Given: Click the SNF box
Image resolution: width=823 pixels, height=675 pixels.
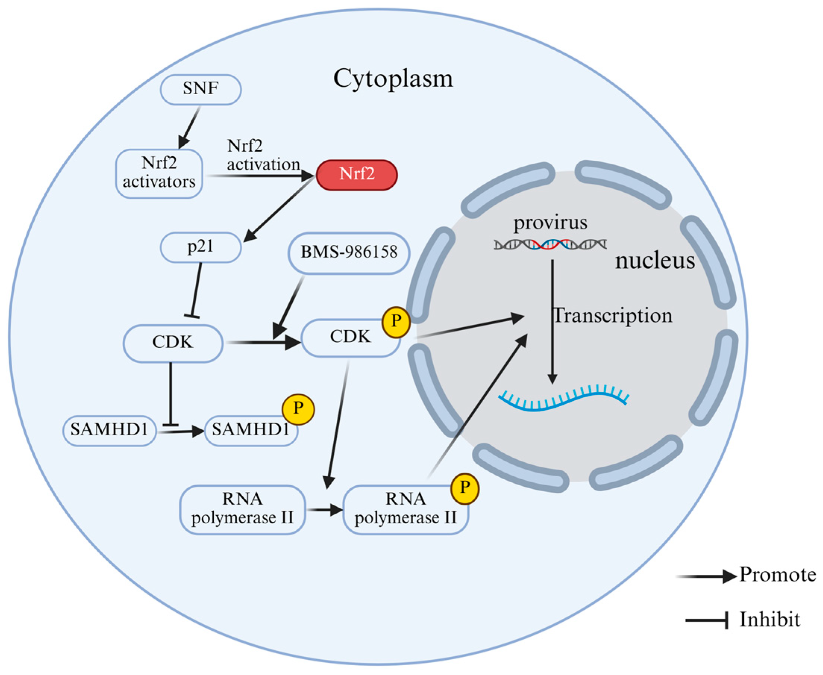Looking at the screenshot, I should click(x=201, y=89).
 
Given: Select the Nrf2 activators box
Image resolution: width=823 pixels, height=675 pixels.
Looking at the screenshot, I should click(x=159, y=173).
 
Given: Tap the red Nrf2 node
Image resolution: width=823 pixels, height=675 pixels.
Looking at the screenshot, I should click(x=356, y=174).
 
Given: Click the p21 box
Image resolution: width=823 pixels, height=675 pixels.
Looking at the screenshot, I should click(x=201, y=247).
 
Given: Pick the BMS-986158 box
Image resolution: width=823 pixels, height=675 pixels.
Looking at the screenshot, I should click(x=349, y=253).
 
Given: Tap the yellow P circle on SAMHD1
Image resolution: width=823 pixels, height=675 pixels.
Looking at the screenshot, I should click(x=298, y=409).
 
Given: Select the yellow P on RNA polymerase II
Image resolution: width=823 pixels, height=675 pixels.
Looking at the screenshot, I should click(x=465, y=488).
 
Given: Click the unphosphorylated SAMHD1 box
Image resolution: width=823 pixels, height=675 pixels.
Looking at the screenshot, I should click(x=109, y=430).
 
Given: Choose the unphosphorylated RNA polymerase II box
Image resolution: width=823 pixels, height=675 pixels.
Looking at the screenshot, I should click(x=242, y=510).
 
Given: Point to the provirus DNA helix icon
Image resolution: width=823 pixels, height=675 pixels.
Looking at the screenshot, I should click(x=550, y=245).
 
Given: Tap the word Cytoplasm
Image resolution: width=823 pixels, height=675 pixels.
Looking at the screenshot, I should click(x=393, y=79).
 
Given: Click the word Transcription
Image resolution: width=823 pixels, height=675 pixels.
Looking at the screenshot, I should click(x=613, y=316).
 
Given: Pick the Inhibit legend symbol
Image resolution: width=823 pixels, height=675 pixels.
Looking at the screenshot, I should click(x=706, y=620).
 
